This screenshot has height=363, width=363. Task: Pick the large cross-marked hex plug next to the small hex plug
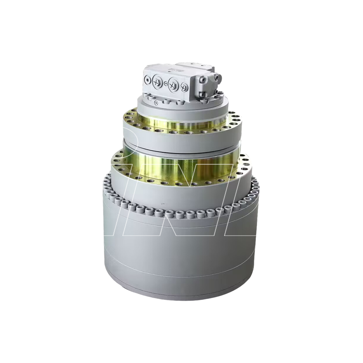point(173,84)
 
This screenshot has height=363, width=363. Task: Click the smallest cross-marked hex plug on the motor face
point(183,87)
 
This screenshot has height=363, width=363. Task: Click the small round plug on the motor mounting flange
point(156,103)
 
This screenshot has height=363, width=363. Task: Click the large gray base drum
point(181,254)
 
